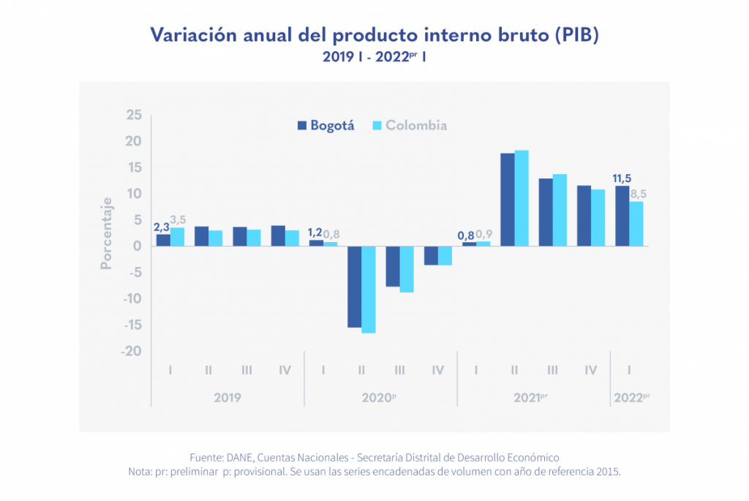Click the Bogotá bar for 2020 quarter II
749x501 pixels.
(354, 287)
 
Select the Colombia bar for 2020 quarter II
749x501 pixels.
(368, 290)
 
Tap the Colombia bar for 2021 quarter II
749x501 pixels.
(521, 198)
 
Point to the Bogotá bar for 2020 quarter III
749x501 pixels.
(393, 266)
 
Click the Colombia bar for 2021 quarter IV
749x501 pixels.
(598, 217)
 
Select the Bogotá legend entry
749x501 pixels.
(325, 125)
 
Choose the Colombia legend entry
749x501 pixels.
(410, 125)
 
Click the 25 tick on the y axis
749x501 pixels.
(133, 115)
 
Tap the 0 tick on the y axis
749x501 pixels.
(137, 246)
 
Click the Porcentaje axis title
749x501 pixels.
(107, 233)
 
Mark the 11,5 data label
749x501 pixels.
(622, 178)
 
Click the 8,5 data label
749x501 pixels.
(639, 194)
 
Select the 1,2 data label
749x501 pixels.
(315, 233)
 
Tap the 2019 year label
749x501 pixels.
(227, 398)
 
